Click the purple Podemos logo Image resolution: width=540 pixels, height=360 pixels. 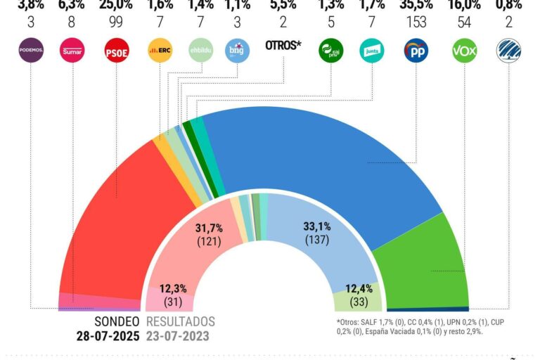click(30, 51)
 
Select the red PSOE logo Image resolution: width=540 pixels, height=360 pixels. click(116, 51)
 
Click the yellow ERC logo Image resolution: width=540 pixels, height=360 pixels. click(160, 51)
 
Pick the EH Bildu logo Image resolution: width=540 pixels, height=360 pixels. click(200, 51)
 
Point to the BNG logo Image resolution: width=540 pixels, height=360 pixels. click(238, 51)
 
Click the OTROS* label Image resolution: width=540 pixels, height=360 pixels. click(283, 46)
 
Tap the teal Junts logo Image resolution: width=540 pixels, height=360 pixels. click(371, 51)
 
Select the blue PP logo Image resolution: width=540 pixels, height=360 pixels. click(417, 51)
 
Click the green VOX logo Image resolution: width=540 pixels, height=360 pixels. click(463, 51)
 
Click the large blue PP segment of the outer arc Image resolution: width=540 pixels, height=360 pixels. click(316, 155)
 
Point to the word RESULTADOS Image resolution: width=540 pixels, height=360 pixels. click(180, 321)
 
